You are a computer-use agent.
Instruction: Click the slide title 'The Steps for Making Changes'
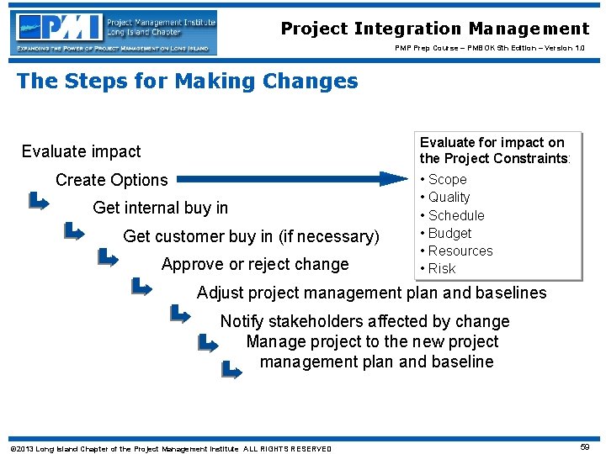[187, 82]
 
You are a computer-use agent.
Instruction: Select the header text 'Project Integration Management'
[435, 29]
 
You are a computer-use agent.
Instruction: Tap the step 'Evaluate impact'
[82, 151]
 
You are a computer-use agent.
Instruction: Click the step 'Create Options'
[112, 180]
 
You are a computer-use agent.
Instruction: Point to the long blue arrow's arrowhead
[394, 178]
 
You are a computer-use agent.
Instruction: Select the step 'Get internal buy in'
[161, 208]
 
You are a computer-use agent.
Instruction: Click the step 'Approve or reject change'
[255, 264]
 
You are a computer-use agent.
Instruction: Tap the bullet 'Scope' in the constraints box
[447, 179]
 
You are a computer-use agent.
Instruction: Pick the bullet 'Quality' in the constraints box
[449, 197]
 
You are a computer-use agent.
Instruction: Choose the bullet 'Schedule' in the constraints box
[456, 215]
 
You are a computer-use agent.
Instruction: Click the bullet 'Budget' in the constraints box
[449, 233]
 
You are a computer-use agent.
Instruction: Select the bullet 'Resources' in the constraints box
[460, 251]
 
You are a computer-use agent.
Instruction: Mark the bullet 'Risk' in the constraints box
[442, 268]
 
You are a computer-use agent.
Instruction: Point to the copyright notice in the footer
[171, 448]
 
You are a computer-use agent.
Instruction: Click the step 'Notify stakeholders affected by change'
[364, 321]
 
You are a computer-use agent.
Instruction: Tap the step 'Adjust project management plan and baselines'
[371, 293]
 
